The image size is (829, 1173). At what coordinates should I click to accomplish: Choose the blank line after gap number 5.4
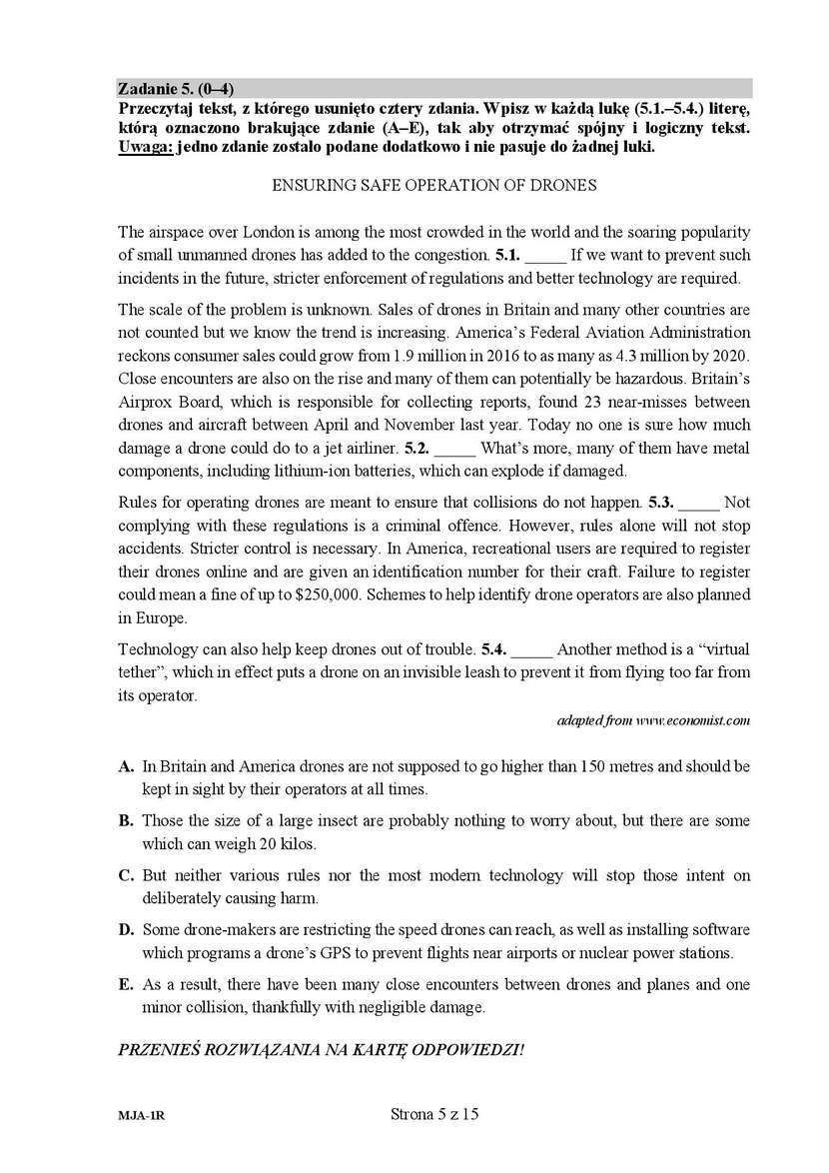532,649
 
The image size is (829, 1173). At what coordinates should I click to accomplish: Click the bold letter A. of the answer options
126,766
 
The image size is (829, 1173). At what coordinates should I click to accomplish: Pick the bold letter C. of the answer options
126,876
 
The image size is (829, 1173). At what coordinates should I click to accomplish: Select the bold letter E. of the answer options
126,985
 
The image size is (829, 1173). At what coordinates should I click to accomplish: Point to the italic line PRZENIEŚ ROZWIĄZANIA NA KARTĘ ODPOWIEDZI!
321,1049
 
